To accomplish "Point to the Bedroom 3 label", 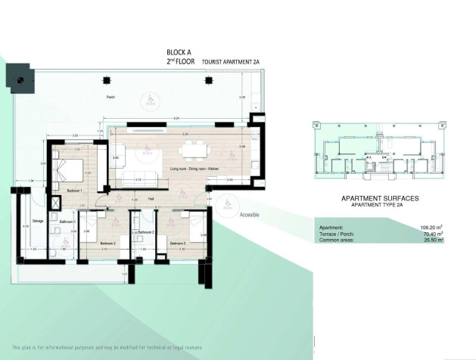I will point(178,243).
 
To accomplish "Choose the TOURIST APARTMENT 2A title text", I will point(233,64).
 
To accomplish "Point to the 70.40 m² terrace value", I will point(431,234).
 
